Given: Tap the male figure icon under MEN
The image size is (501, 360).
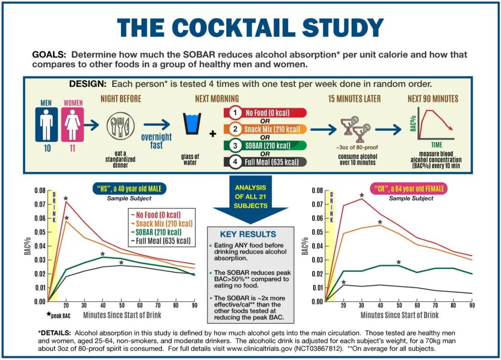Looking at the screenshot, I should (x=47, y=124).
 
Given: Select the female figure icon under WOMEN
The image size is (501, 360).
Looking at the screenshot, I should (x=73, y=124).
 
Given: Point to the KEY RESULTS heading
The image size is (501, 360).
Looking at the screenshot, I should (x=248, y=234).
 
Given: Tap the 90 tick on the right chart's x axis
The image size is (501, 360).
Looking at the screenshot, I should (x=472, y=305).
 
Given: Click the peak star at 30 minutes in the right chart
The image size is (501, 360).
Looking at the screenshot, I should (x=362, y=195).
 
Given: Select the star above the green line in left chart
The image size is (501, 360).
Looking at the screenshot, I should (x=103, y=254).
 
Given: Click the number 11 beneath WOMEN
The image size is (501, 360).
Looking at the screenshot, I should (x=73, y=149).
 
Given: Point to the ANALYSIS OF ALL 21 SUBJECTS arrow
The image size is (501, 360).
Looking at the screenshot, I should (x=250, y=197).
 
